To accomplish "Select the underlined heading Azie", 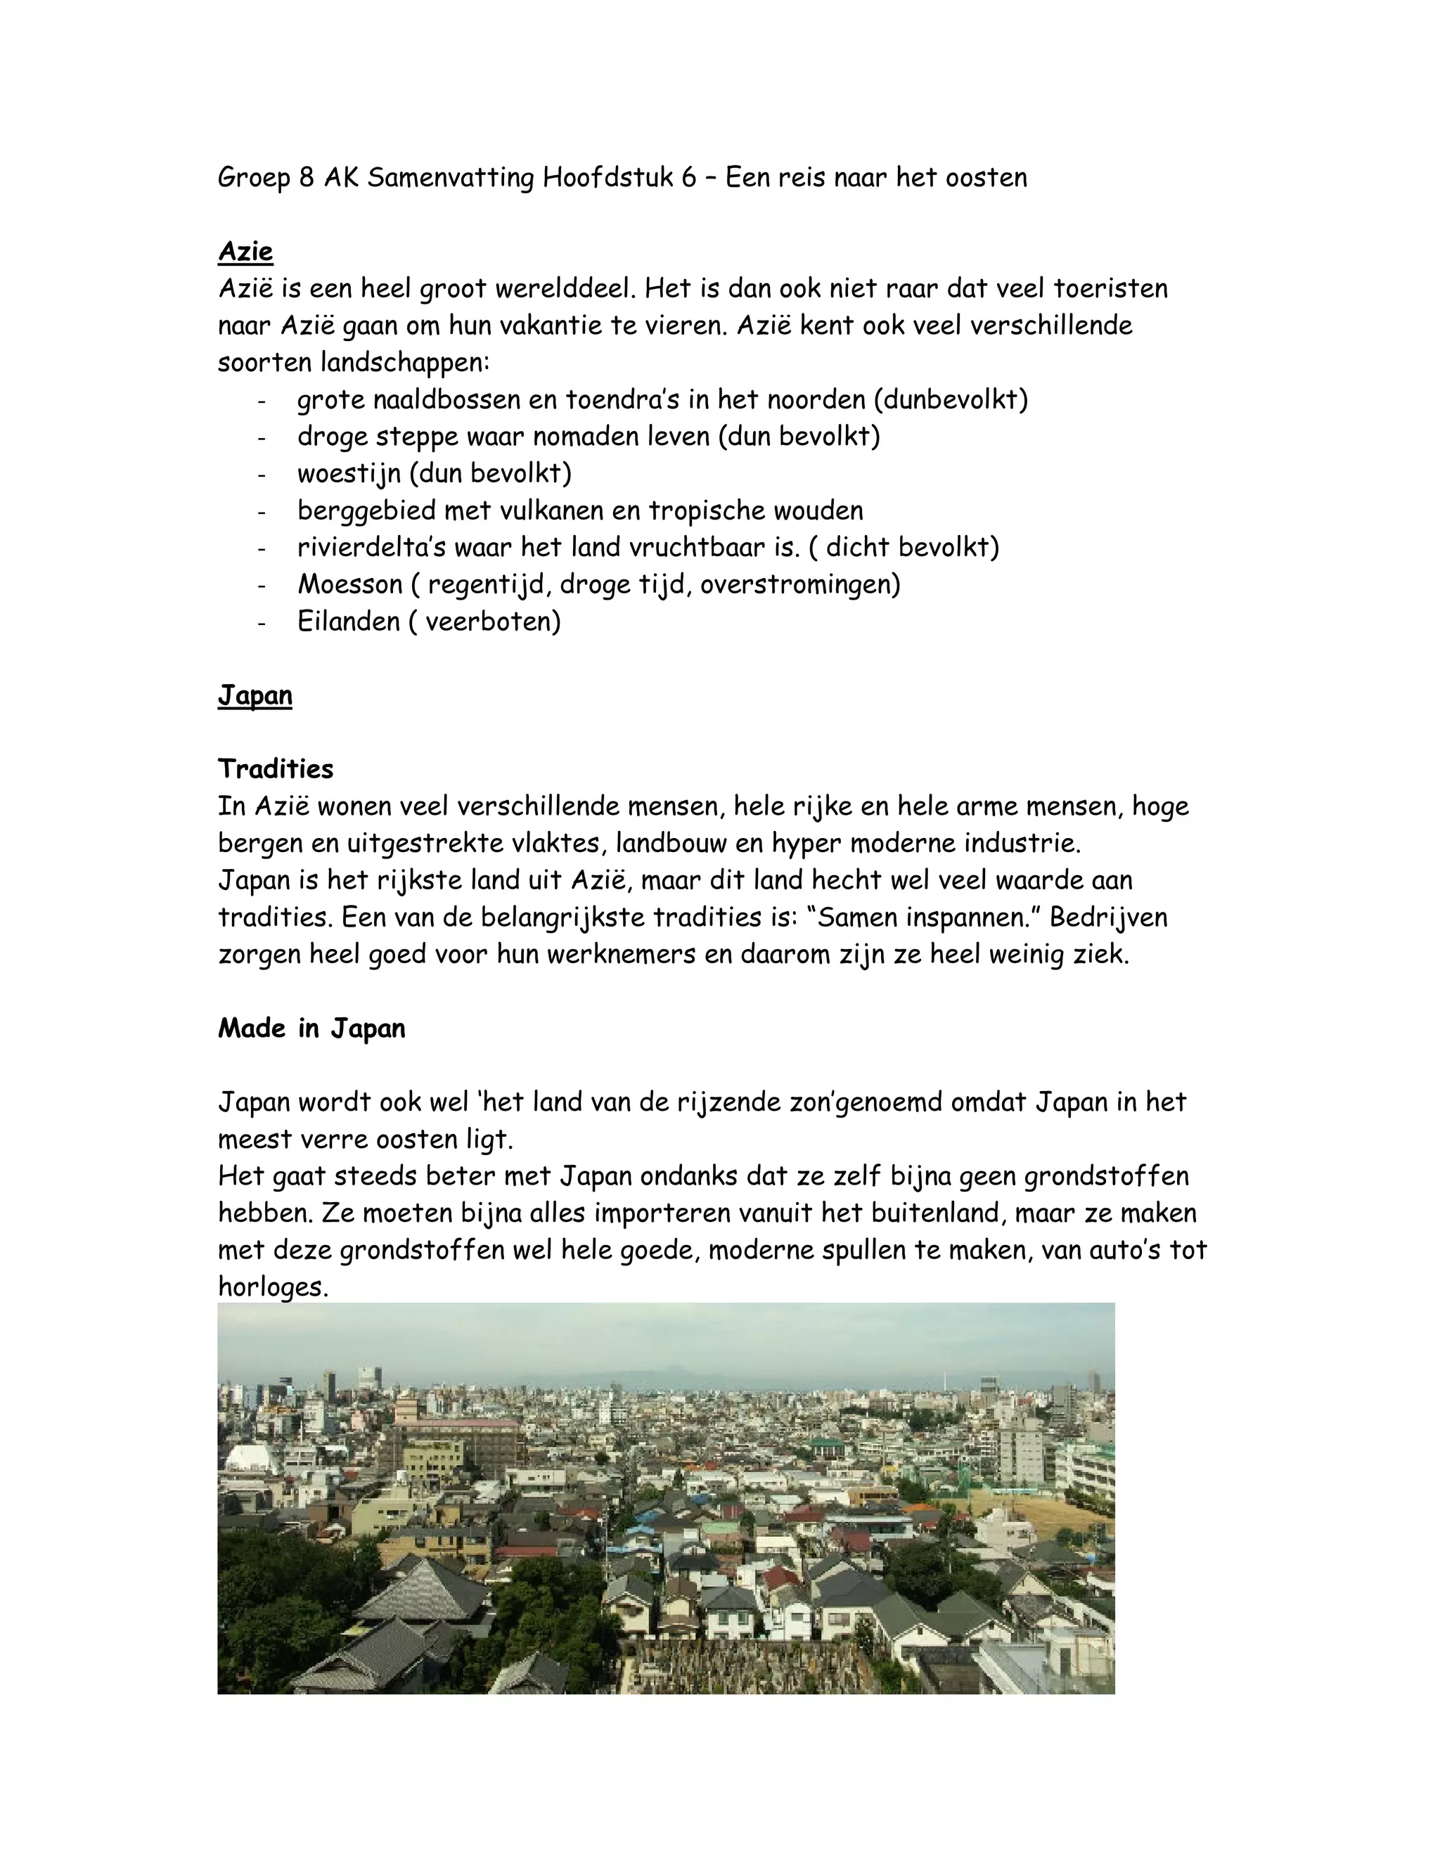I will tap(245, 252).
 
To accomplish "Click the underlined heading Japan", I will tap(255, 695).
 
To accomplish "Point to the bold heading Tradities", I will tap(276, 768).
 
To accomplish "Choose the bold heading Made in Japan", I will tap(311, 1028).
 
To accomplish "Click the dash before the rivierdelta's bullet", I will tap(262, 548).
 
